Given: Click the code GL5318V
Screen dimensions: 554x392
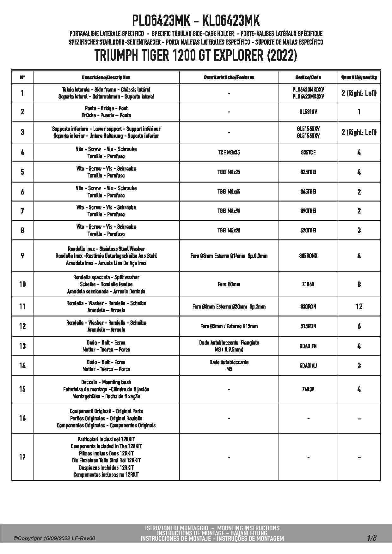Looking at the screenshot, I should tap(308, 111).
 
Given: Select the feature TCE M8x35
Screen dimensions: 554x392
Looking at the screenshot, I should tap(229, 153).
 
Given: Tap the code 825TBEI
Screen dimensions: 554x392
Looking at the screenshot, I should tap(308, 172).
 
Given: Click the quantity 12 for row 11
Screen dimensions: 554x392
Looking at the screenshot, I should tap(359, 306).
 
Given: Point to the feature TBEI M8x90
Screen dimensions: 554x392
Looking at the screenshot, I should tap(229, 211).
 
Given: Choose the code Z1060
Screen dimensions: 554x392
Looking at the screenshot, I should tap(308, 284).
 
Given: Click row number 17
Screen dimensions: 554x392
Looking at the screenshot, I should tap(22, 457).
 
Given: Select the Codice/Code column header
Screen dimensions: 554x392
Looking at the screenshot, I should tap(308, 77).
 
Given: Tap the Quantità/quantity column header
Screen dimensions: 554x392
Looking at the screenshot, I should tap(359, 77).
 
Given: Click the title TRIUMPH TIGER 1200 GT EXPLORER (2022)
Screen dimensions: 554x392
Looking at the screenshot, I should tap(196, 56).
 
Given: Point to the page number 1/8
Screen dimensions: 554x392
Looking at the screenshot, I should tap(371, 538).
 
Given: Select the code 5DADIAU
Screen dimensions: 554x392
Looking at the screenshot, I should tap(308, 365).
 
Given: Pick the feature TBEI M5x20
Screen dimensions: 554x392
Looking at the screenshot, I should tap(229, 230).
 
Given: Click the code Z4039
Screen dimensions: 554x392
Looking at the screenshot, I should tap(308, 389).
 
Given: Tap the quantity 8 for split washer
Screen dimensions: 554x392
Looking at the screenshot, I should tap(359, 284).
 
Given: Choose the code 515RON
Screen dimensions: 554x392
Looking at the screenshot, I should tap(308, 326).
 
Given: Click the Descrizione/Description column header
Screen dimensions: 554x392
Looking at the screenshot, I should tap(106, 77).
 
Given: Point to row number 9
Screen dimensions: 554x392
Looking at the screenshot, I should tap(22, 256).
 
